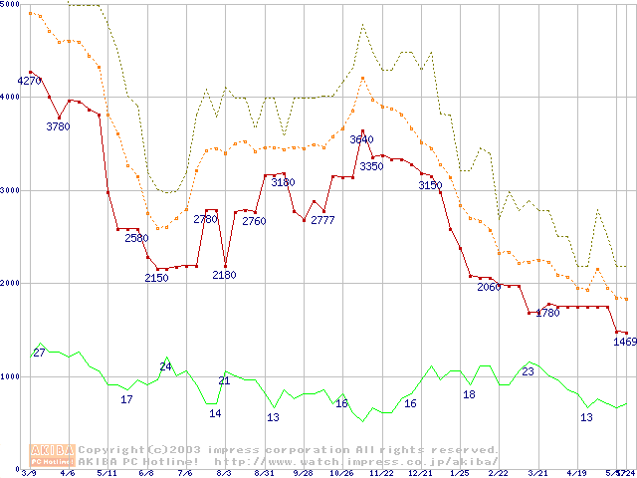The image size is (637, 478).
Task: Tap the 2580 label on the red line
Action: pos(136,238)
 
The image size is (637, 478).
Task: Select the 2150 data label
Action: pos(156,278)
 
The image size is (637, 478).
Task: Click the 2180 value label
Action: pos(224,275)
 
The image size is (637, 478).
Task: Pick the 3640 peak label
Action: pos(361,139)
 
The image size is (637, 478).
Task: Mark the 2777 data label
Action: pos(322,220)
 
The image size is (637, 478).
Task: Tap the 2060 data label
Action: pos(489,287)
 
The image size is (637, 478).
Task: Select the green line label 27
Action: pos(39,353)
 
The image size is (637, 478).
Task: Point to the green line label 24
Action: pos(166,366)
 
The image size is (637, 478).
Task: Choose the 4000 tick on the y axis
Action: pos(9,97)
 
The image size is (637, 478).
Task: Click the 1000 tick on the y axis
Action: pos(9,376)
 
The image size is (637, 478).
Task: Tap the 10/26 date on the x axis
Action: pos(341,473)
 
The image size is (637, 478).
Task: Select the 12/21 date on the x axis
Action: pos(419,473)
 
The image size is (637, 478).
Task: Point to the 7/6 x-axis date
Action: pos(185,473)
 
